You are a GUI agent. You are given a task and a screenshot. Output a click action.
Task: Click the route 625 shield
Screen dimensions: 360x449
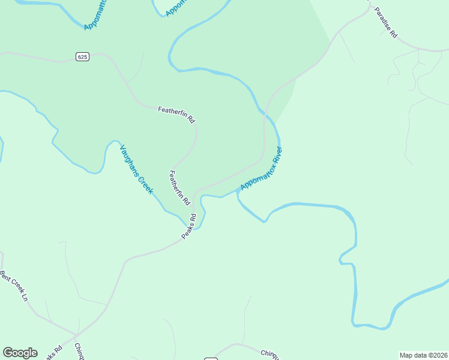83,56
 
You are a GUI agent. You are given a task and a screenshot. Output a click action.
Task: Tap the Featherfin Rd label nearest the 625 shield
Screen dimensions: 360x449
176,114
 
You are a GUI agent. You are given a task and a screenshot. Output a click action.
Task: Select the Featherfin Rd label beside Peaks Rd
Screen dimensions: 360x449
179,187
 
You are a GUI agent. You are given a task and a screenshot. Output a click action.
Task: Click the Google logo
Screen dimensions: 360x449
20,353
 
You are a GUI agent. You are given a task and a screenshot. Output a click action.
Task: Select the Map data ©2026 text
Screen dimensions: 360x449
423,355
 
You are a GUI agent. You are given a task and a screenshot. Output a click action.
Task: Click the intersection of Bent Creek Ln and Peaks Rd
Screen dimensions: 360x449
76,335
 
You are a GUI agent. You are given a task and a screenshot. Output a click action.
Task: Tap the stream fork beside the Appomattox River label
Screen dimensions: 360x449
238,193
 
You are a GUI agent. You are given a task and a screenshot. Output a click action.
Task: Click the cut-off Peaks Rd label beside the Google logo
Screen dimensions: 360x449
53,353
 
